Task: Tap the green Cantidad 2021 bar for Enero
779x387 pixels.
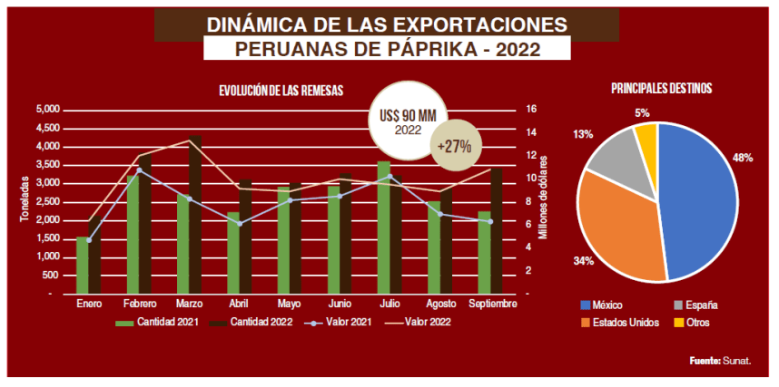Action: (x=83, y=266)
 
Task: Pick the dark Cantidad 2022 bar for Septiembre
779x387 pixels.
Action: (x=497, y=232)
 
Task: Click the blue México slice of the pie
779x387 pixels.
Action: (x=699, y=199)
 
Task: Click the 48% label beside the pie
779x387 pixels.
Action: (x=743, y=157)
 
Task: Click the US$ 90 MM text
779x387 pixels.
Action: (x=408, y=117)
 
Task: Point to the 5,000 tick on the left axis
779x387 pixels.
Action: (x=48, y=109)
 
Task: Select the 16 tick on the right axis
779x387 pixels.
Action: (x=531, y=109)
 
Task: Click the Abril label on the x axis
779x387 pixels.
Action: (x=239, y=304)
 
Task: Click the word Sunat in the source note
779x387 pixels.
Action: (x=736, y=362)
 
